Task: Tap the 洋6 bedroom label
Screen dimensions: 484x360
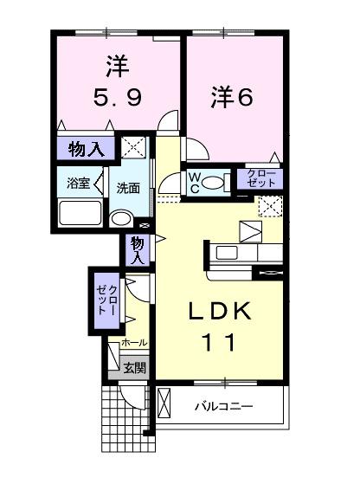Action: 232,97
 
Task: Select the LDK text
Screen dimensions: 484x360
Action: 222,311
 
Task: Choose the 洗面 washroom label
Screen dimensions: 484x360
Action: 130,187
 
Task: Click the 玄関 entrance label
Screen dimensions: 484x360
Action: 133,368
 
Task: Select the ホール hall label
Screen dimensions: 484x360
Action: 134,343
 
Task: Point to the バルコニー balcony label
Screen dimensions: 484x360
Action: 222,405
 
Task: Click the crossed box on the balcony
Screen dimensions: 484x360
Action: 166,403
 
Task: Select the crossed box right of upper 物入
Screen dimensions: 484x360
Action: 133,146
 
